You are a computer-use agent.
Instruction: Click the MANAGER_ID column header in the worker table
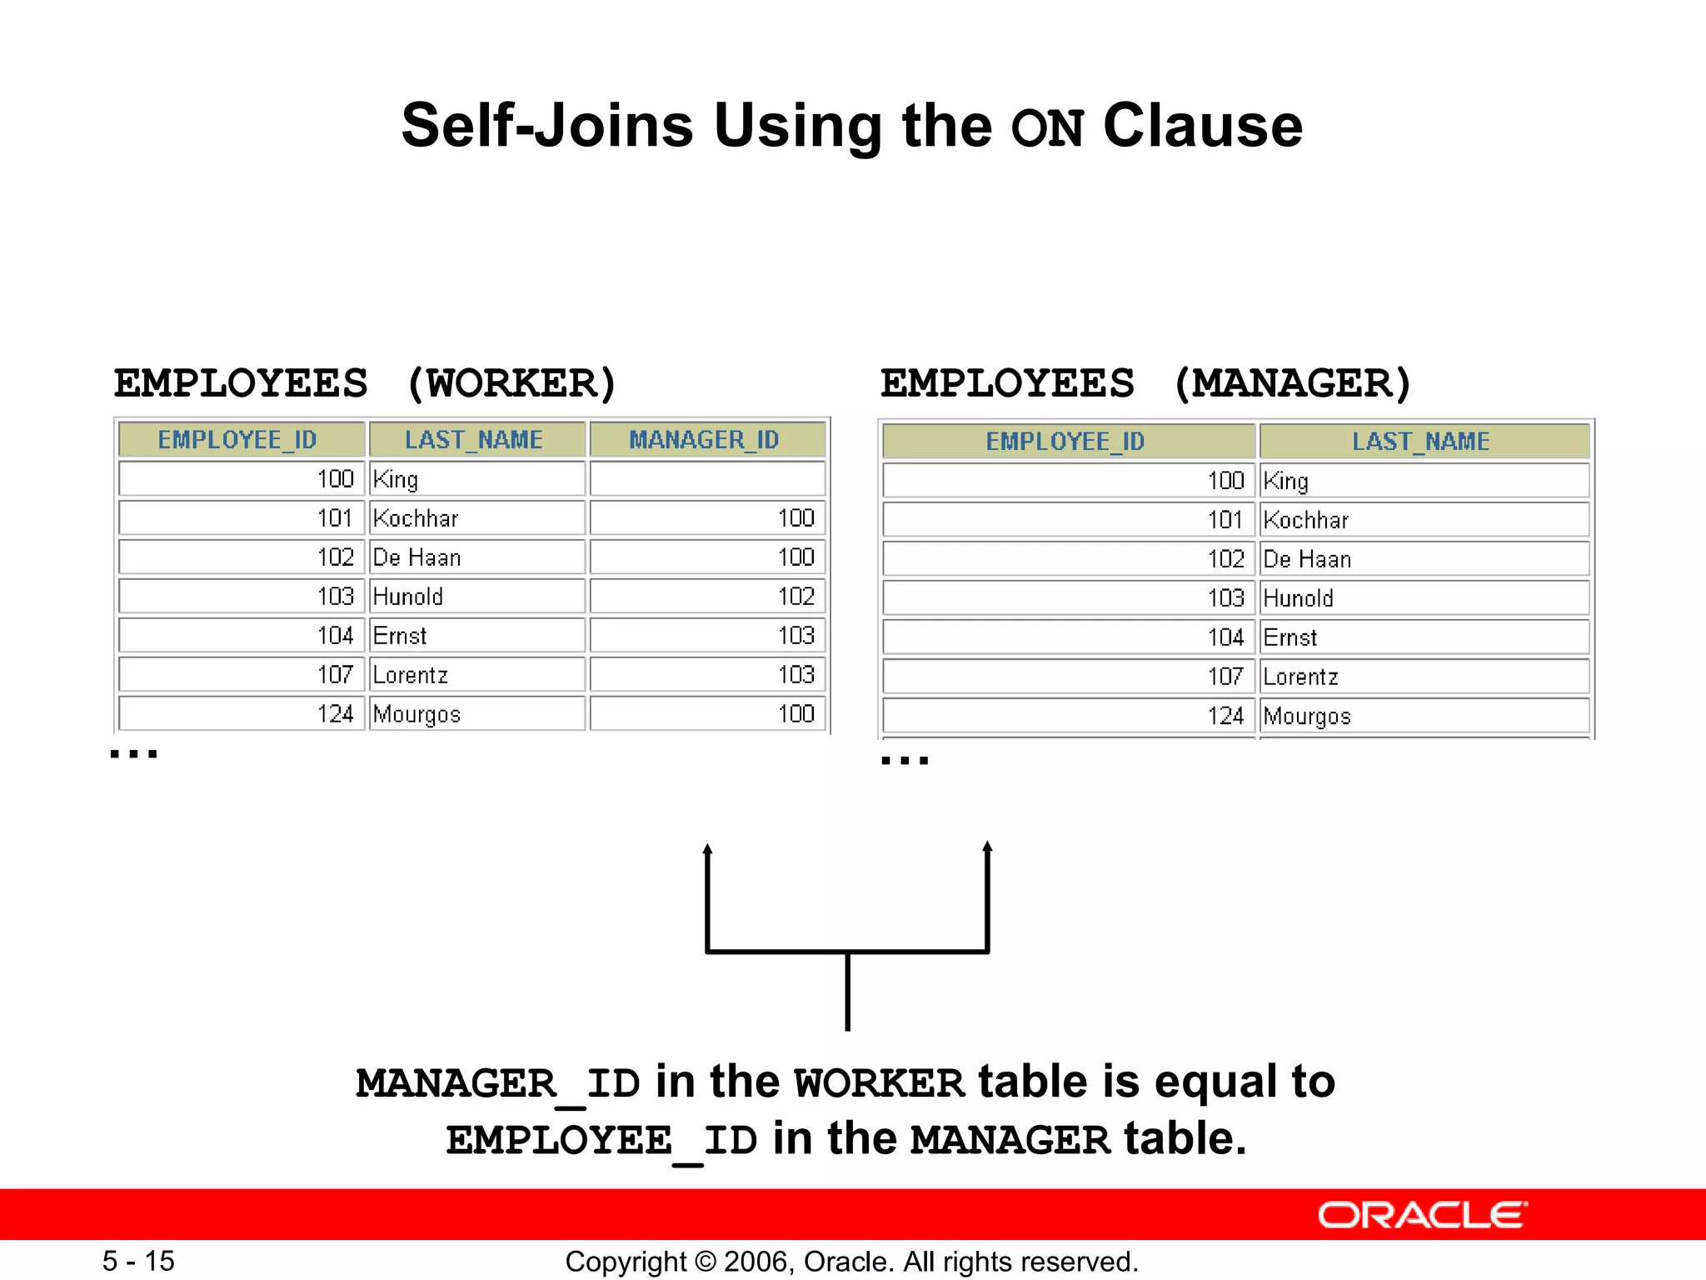click(x=705, y=439)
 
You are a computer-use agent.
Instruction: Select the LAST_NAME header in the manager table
click(x=1420, y=441)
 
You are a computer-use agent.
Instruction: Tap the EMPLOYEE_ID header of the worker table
click(x=237, y=439)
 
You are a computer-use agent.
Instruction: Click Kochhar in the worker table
click(x=416, y=518)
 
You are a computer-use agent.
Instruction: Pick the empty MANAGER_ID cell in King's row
click(x=707, y=479)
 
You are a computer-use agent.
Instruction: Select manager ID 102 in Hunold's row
click(x=796, y=597)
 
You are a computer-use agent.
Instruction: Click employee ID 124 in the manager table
click(x=1225, y=716)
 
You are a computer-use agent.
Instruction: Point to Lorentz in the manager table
click(x=1300, y=677)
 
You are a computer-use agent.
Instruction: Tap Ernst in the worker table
click(x=400, y=636)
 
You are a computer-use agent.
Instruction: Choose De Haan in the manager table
click(x=1307, y=559)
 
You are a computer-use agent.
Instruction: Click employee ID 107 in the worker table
click(x=335, y=675)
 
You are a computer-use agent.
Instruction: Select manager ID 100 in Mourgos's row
click(x=796, y=714)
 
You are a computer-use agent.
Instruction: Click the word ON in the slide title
click(x=1048, y=128)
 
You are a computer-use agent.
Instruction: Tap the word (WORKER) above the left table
click(x=511, y=383)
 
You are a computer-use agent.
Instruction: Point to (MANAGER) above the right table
click(x=1292, y=383)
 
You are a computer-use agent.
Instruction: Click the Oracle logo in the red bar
click(x=1422, y=1215)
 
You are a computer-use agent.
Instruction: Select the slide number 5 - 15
click(x=138, y=1261)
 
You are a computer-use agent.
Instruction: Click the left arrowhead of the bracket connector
click(x=707, y=850)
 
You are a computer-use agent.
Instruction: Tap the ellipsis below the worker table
click(x=133, y=754)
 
